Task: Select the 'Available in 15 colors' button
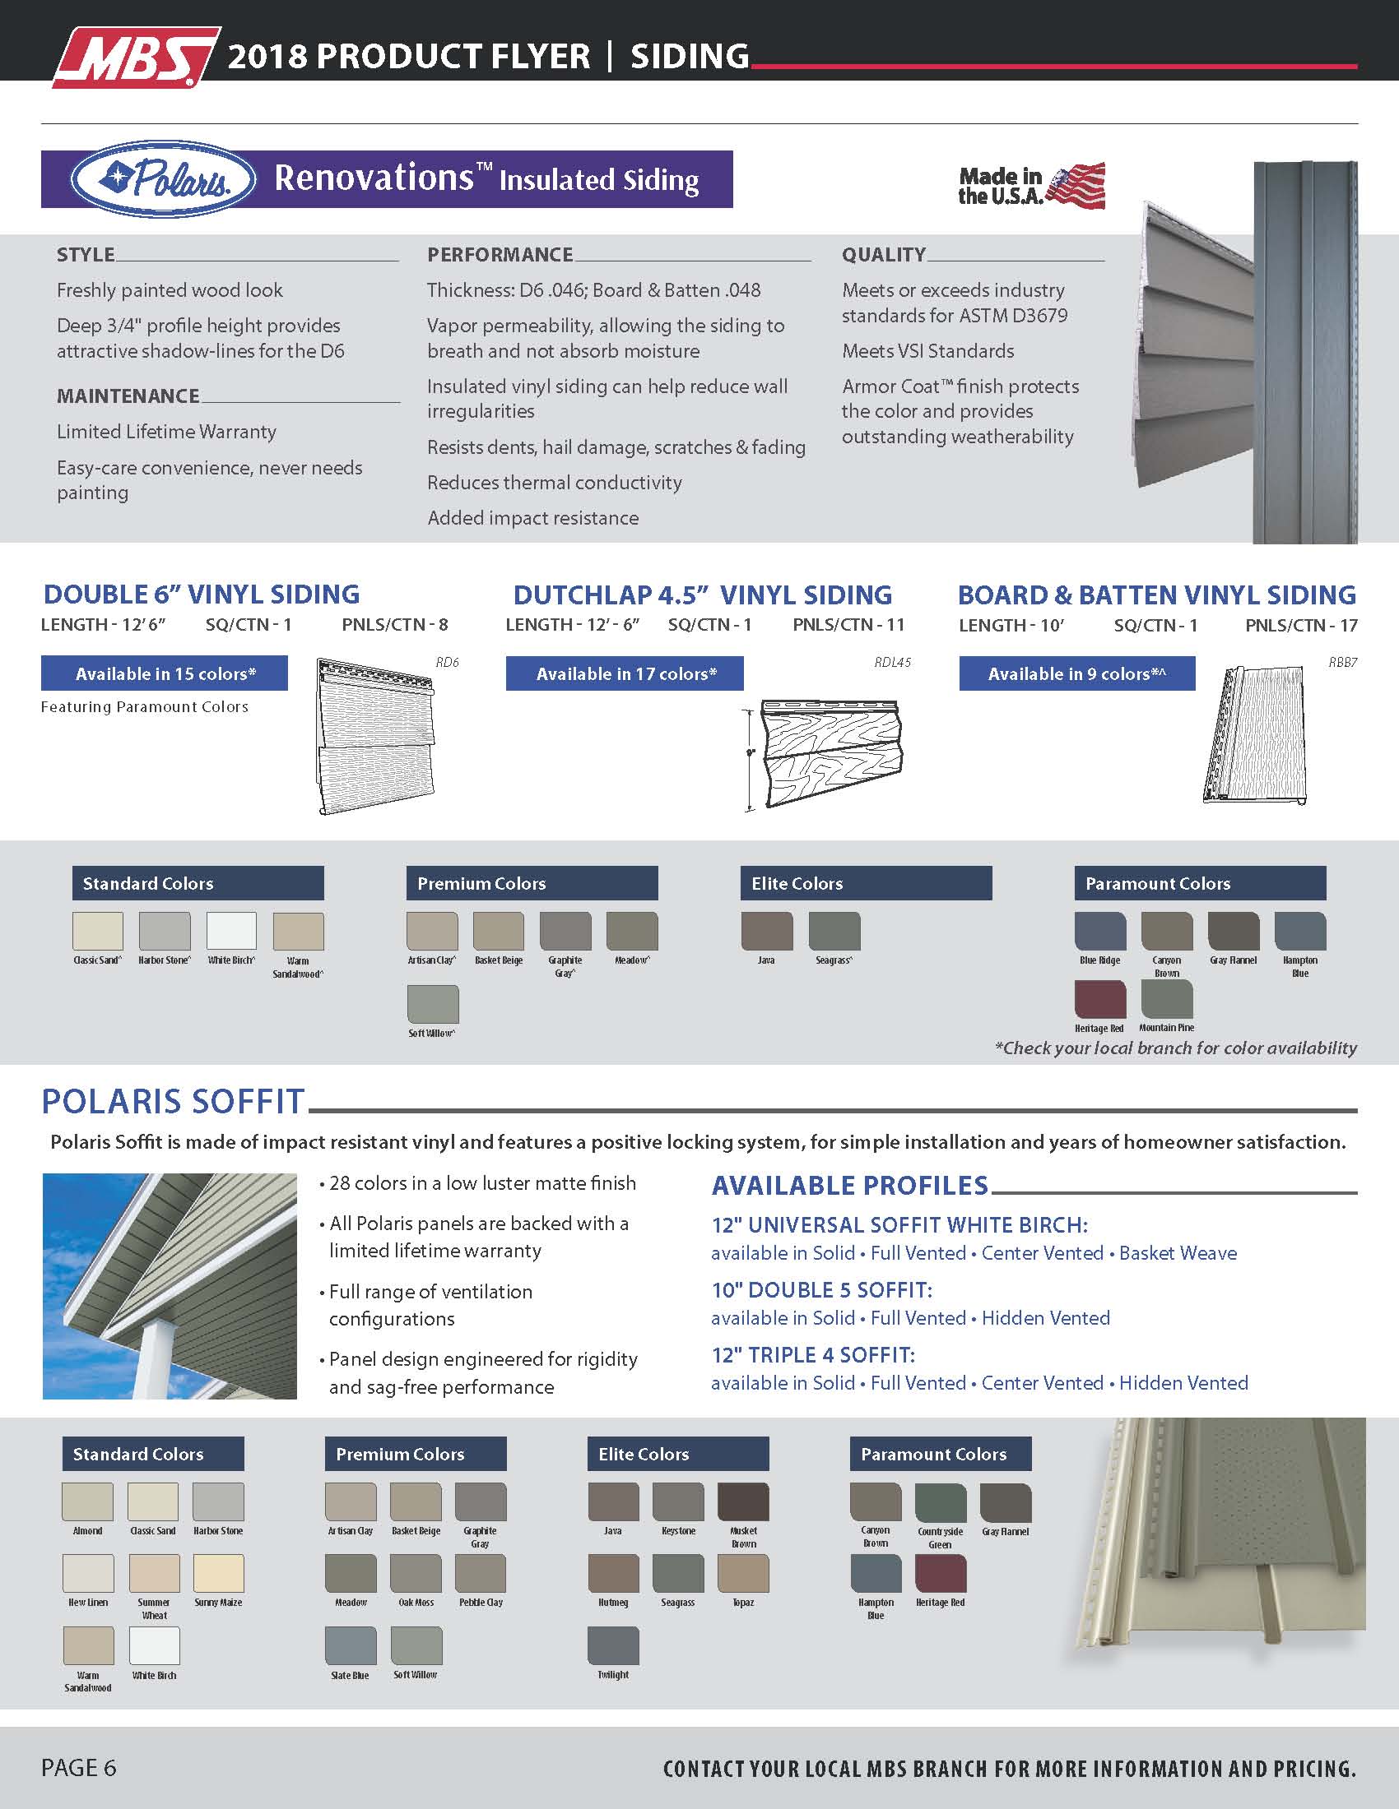(164, 673)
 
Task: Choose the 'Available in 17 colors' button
(624, 673)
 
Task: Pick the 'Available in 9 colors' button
(1076, 673)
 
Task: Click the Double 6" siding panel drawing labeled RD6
(376, 737)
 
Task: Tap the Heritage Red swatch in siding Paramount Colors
(1099, 999)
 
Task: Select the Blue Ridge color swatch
(1099, 931)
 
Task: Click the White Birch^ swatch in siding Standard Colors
(231, 931)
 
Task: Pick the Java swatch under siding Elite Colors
(767, 931)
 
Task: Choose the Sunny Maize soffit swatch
(219, 1573)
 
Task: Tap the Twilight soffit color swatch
(613, 1645)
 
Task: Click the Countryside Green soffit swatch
(941, 1502)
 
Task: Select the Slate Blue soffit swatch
(351, 1645)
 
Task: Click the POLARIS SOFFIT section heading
(173, 1101)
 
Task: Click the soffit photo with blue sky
(170, 1286)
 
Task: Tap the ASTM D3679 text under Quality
(1012, 316)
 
